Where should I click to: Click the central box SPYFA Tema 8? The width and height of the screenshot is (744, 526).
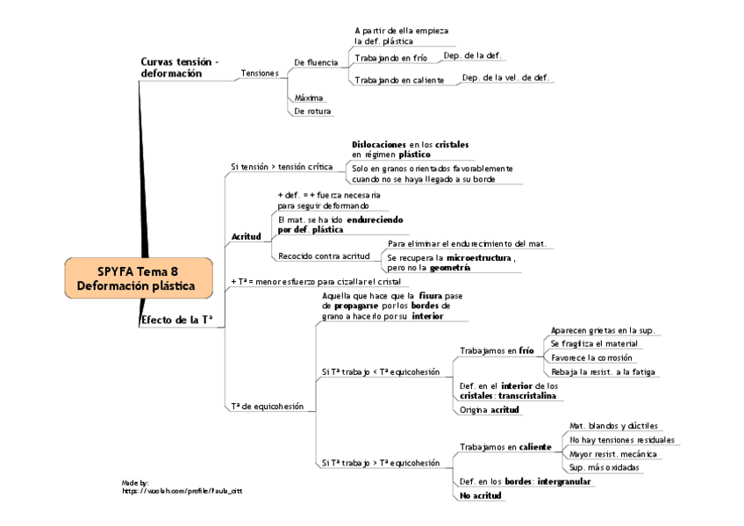(139, 277)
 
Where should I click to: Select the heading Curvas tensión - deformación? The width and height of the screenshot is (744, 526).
(180, 68)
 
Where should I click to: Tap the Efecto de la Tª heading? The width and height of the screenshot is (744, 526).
(177, 321)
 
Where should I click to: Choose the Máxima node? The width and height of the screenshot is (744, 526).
(309, 97)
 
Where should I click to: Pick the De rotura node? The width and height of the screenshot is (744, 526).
(313, 112)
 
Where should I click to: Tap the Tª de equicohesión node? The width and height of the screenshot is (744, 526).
(267, 407)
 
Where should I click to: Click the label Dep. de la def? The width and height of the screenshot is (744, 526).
(473, 54)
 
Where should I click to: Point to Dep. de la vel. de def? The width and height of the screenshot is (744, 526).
(505, 77)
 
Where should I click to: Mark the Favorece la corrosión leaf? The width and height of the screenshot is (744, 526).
(590, 357)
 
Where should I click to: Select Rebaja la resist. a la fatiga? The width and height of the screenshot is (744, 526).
(603, 371)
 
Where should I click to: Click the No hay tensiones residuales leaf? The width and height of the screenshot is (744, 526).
(622, 439)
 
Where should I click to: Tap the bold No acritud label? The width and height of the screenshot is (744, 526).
(481, 496)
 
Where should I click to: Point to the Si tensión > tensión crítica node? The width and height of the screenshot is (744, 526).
(282, 166)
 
